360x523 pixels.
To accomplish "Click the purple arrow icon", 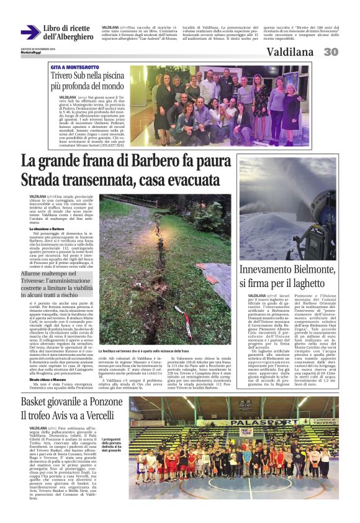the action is (x=30, y=32).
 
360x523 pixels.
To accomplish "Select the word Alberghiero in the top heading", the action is (x=66, y=37).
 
